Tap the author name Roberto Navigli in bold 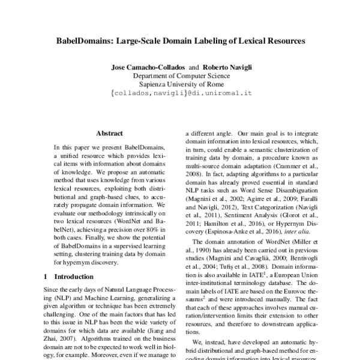click(x=227, y=67)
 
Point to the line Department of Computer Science click(x=180, y=76)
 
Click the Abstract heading click(x=109, y=133)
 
